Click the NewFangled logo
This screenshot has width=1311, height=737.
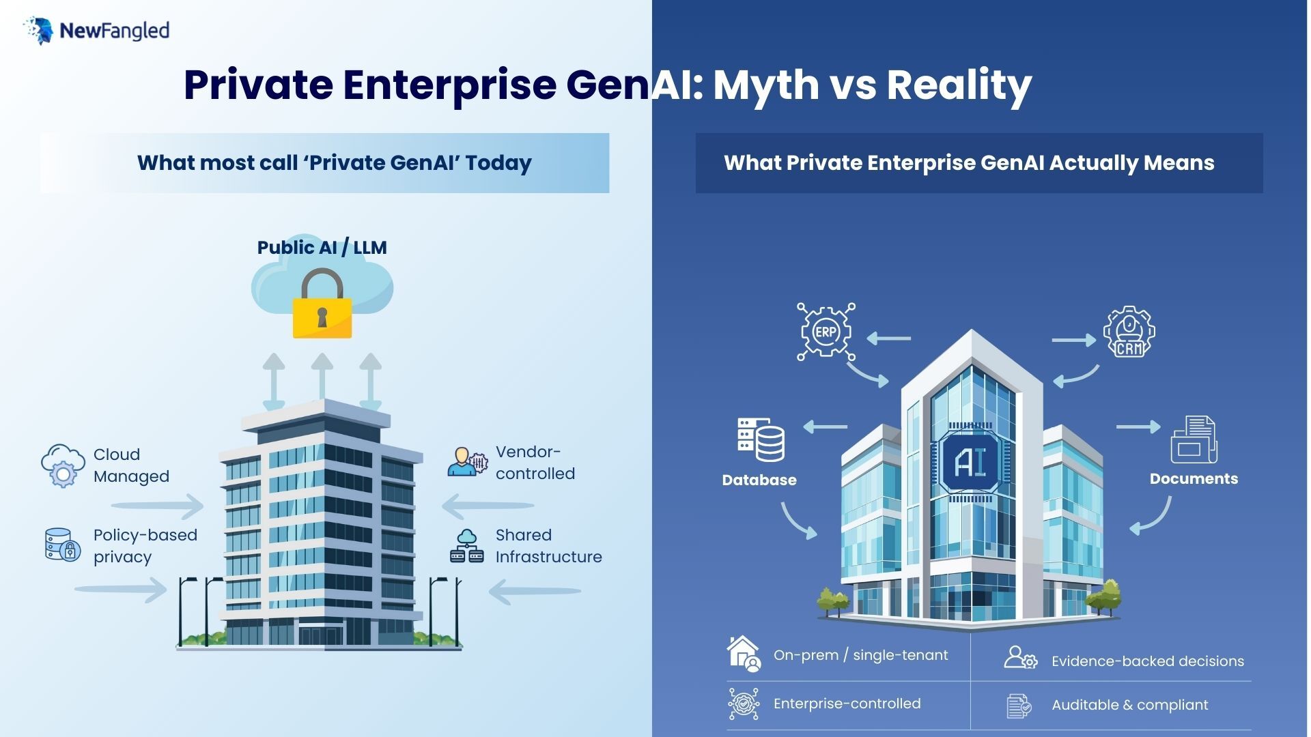[96, 31]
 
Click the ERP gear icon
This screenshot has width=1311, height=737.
[826, 332]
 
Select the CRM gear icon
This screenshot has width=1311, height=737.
[1129, 332]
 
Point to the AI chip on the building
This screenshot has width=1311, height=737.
[970, 462]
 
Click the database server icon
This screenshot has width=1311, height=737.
[761, 440]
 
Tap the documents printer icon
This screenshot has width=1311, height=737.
[1194, 440]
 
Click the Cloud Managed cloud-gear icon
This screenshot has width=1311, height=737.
[63, 465]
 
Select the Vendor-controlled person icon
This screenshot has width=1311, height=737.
[468, 462]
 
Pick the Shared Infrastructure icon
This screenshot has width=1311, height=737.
[467, 546]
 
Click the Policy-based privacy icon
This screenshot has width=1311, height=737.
[63, 545]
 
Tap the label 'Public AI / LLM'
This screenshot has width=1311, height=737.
[322, 247]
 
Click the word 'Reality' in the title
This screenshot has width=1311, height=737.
[959, 85]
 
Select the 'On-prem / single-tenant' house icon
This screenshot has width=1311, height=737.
[744, 654]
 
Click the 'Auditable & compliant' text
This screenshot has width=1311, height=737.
[1129, 705]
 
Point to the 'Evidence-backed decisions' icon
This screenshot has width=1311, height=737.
[1020, 658]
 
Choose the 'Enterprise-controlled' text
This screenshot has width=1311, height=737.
[847, 704]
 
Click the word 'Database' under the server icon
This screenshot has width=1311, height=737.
[759, 480]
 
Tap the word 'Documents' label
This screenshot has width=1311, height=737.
[1194, 478]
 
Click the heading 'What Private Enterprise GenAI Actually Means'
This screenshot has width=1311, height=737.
[969, 163]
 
